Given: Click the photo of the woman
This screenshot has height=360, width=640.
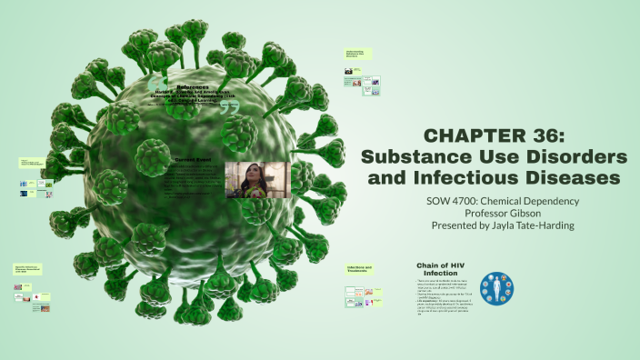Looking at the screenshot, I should coord(255,179).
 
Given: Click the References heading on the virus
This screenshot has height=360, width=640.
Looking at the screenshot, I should coord(192,86).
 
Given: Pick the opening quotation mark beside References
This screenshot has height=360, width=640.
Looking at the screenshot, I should coord(157,85).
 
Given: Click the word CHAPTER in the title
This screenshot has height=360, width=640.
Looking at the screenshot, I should coord(462,136).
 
